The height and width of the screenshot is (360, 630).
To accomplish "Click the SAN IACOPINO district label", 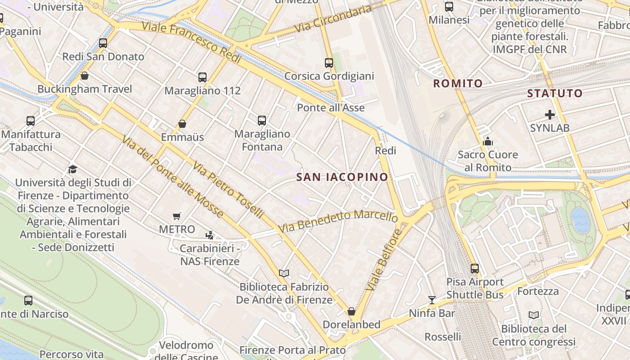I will [342, 177].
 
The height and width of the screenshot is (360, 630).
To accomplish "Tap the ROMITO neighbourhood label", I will [458, 83].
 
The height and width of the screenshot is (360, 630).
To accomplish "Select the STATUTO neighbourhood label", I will [554, 94].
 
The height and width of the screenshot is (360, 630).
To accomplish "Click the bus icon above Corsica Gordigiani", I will [329, 63].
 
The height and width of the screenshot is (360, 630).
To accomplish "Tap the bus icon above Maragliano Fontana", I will [262, 121].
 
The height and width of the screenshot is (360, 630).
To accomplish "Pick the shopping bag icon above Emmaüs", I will [182, 124].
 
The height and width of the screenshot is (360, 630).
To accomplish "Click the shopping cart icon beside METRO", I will [177, 216].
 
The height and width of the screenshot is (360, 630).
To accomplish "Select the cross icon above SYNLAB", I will [549, 115].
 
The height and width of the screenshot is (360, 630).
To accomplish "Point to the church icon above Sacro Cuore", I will [488, 142].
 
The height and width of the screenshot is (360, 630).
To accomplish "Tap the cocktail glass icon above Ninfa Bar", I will [432, 300].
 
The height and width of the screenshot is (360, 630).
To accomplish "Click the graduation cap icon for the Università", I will [72, 169].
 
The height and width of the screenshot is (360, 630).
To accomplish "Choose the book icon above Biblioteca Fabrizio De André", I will [284, 273].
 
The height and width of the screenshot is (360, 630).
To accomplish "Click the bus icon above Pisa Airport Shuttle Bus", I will [475, 269].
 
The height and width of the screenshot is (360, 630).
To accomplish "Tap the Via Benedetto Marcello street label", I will [337, 220].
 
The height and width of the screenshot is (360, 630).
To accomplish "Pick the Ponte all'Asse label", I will [331, 108].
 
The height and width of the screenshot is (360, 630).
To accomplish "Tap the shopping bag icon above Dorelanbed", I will [351, 311].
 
